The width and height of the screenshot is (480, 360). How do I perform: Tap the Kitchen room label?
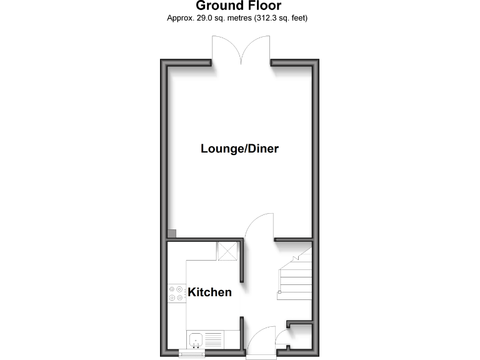(x=210, y=292)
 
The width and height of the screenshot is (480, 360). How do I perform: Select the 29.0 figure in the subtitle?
(x=198, y=18)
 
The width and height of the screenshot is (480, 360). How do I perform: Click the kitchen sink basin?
(x=196, y=341)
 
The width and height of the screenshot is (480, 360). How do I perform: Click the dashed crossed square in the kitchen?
(x=226, y=251)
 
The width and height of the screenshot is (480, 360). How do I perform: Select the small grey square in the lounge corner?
(x=171, y=233)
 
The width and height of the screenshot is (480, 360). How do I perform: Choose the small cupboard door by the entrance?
(x=282, y=341)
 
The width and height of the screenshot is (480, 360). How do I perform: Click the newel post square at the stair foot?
(x=281, y=292)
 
